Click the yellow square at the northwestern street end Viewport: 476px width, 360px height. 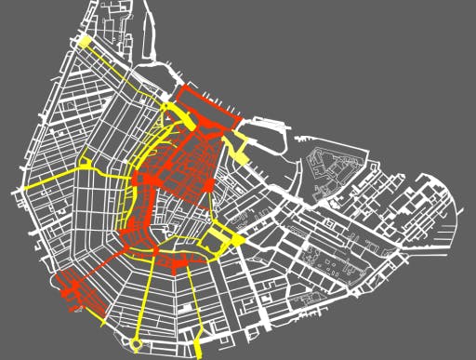(85, 41)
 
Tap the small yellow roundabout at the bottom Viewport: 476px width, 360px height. (138, 345)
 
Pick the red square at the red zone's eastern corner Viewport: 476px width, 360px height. (209, 185)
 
